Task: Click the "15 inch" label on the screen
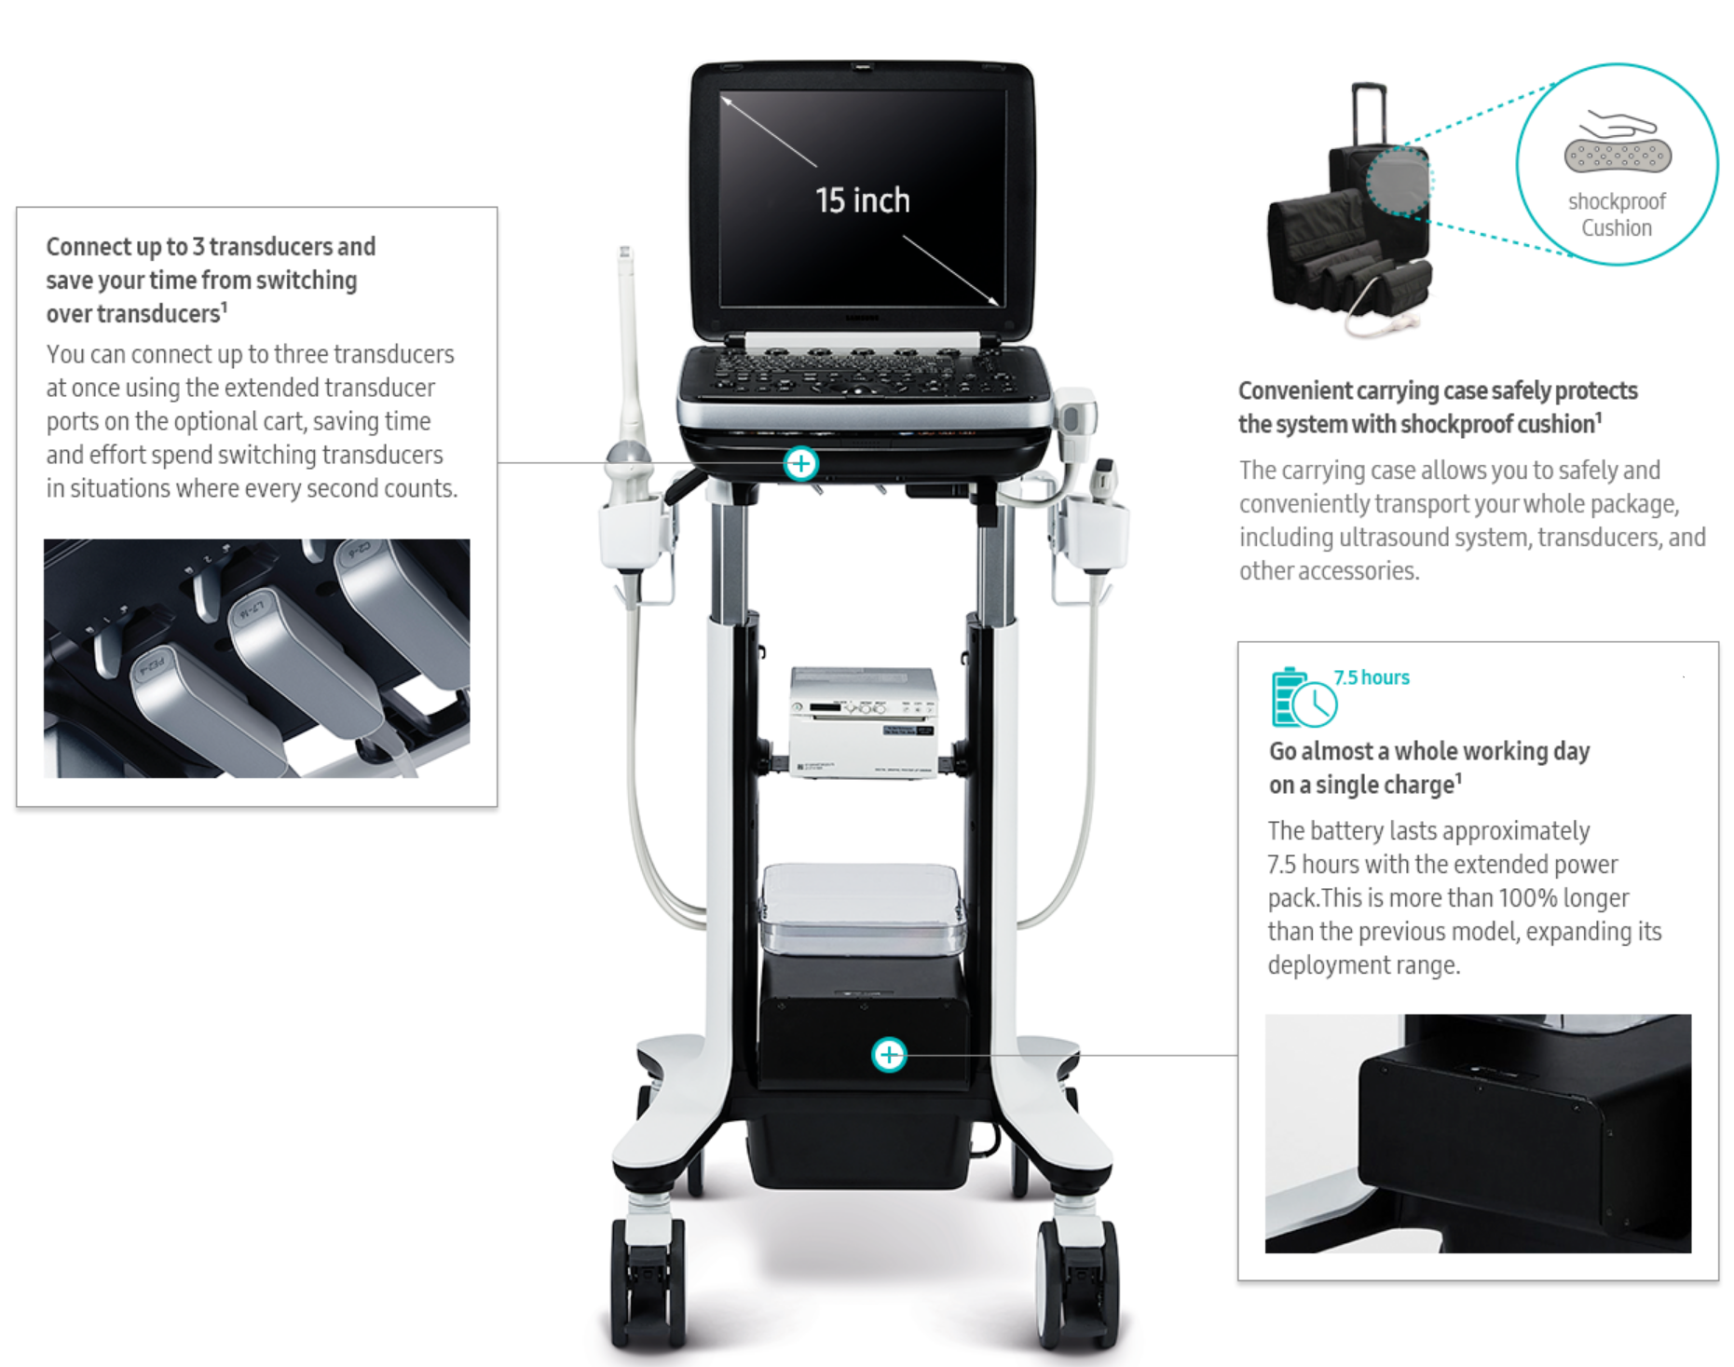pyautogui.click(x=862, y=200)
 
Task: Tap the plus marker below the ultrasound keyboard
pyautogui.click(x=800, y=463)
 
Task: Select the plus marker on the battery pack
pyautogui.click(x=889, y=1055)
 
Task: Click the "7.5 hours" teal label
pyautogui.click(x=1372, y=677)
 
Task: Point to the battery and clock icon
pyautogui.click(x=1304, y=697)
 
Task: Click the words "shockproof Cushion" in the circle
pyautogui.click(x=1617, y=215)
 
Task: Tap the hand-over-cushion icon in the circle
pyautogui.click(x=1618, y=142)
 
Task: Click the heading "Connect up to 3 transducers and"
pyautogui.click(x=211, y=247)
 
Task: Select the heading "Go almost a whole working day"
pyautogui.click(x=1429, y=751)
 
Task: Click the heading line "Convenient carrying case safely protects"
pyautogui.click(x=1438, y=390)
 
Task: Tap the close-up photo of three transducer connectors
pyautogui.click(x=257, y=658)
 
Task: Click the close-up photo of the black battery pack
pyautogui.click(x=1478, y=1133)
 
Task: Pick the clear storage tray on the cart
pyautogui.click(x=863, y=909)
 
